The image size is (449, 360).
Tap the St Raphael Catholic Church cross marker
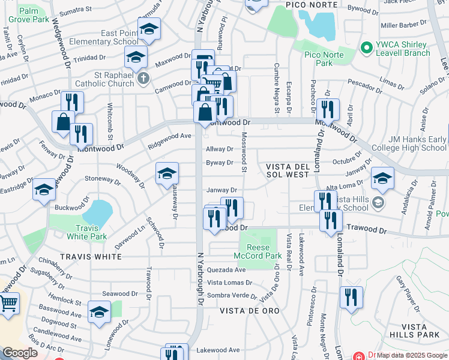[143, 79]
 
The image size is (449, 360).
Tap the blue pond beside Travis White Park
[98, 211]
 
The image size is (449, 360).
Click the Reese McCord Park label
[261, 256]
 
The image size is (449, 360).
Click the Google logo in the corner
[20, 353]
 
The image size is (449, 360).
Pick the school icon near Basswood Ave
[99, 311]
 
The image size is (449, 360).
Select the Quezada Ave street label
[226, 270]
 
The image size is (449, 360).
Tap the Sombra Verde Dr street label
[231, 296]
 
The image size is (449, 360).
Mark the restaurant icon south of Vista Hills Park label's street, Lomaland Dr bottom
[351, 297]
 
